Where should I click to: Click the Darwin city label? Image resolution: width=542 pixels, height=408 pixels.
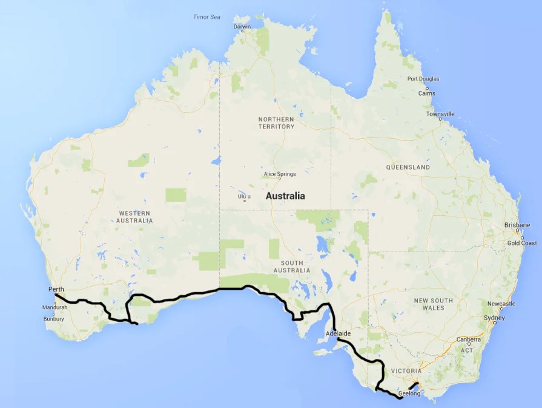pyautogui.click(x=242, y=27)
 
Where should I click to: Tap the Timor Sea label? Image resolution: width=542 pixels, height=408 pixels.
pyautogui.click(x=207, y=17)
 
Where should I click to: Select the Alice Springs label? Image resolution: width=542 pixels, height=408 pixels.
pyautogui.click(x=280, y=175)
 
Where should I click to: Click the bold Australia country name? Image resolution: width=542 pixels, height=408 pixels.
pyautogui.click(x=285, y=196)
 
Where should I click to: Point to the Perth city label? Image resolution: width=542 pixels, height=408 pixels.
pyautogui.click(x=56, y=289)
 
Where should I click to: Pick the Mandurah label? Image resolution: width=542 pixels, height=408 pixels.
pyautogui.click(x=55, y=307)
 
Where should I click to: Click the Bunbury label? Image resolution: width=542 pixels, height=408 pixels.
pyautogui.click(x=54, y=318)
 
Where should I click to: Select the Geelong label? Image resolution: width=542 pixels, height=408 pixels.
pyautogui.click(x=410, y=393)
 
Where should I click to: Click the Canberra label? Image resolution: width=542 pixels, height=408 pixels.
pyautogui.click(x=469, y=339)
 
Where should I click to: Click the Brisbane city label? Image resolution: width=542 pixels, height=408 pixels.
pyautogui.click(x=517, y=225)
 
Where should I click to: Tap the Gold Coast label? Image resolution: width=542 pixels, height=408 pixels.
pyautogui.click(x=522, y=243)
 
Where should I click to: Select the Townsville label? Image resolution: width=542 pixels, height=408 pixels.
pyautogui.click(x=440, y=114)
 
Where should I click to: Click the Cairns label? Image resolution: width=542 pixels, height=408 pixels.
pyautogui.click(x=427, y=93)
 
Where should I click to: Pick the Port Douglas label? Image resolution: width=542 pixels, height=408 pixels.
pyautogui.click(x=423, y=79)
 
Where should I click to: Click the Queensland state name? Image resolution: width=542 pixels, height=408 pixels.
pyautogui.click(x=408, y=167)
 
